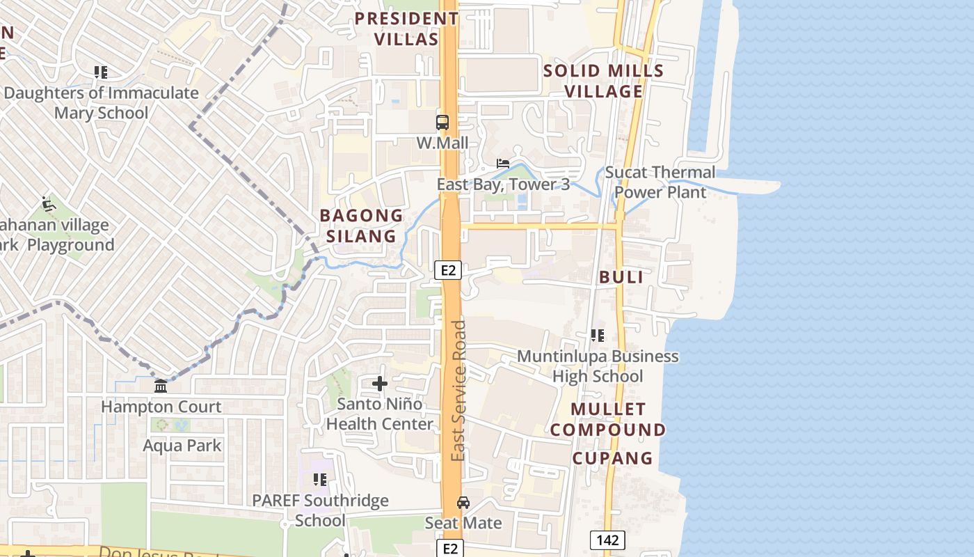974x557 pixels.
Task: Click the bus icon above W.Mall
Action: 442,123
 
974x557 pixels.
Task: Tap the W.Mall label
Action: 442,143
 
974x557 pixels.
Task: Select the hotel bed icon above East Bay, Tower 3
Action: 503,164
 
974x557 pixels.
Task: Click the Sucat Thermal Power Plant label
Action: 660,182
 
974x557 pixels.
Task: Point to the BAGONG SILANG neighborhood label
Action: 361,226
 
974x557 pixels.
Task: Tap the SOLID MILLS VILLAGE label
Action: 603,81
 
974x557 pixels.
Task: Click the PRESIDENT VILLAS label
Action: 406,29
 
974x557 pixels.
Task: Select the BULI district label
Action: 621,276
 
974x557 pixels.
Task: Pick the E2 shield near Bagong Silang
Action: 448,270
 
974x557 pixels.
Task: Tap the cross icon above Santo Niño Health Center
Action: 380,383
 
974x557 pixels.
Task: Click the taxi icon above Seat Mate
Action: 463,503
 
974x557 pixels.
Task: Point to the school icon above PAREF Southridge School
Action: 320,480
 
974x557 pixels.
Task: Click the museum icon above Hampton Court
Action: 161,386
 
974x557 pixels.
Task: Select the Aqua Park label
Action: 182,446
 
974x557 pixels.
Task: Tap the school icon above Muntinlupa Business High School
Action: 597,336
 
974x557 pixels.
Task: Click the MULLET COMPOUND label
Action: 608,419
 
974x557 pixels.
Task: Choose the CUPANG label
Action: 612,458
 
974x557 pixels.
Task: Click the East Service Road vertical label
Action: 458,390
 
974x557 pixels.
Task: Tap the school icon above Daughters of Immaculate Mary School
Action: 101,72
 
